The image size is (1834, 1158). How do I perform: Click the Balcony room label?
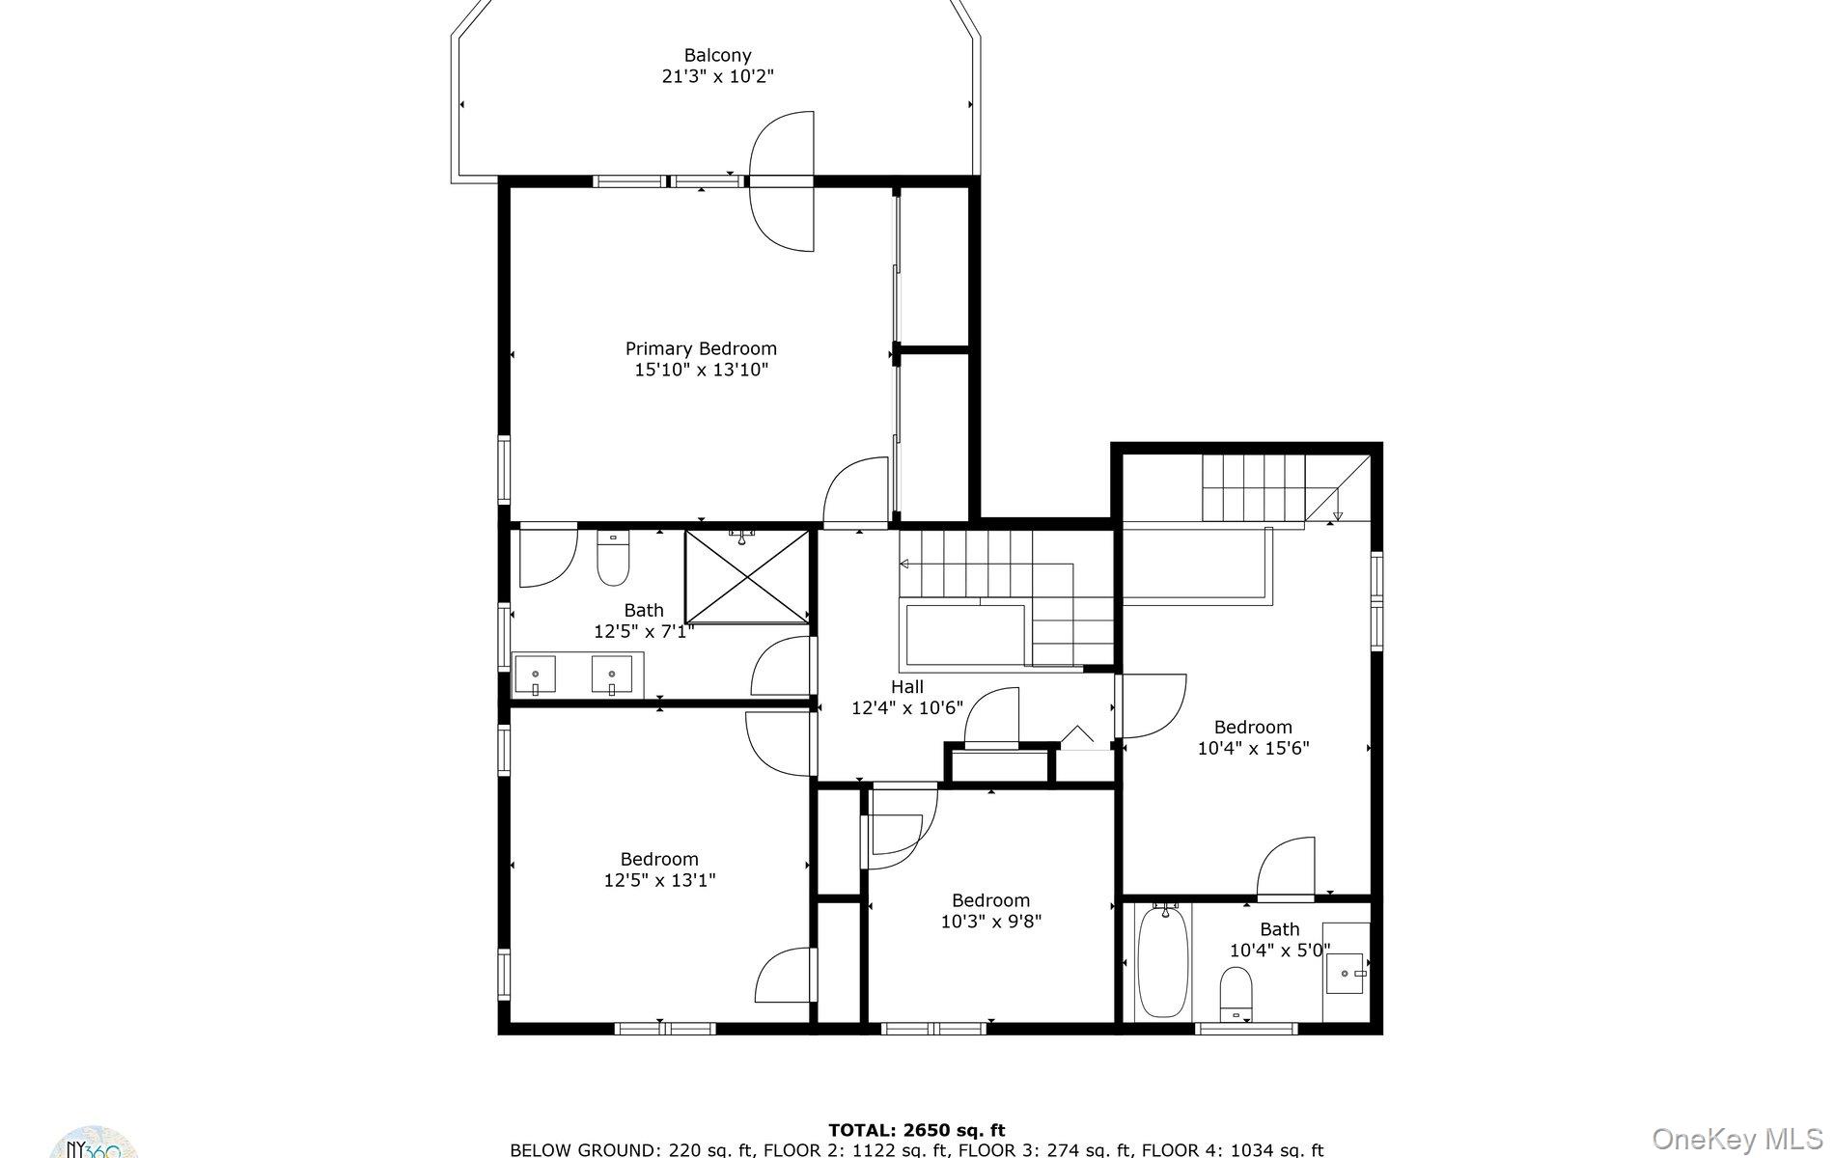coord(717,56)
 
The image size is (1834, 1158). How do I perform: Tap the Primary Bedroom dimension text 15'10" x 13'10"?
coord(701,370)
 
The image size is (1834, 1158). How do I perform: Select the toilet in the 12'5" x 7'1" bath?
coord(613,559)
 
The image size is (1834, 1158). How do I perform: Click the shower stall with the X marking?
coord(747,576)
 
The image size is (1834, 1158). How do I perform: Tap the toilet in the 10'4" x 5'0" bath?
coord(1236,994)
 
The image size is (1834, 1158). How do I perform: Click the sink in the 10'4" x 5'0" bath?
coord(1346,973)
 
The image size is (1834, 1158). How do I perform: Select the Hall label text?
coord(906,687)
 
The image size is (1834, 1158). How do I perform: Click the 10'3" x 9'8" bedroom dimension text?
coord(990,922)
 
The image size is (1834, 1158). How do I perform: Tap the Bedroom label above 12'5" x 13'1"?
coord(659,859)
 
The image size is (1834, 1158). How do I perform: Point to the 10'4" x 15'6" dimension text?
coord(1253,748)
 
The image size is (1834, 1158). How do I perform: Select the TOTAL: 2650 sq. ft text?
coord(916,1130)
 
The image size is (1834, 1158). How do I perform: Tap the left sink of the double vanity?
coord(535,674)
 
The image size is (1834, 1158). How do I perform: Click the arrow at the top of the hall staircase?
coord(905,564)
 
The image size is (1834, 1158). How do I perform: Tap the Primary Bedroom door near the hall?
coord(857,492)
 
